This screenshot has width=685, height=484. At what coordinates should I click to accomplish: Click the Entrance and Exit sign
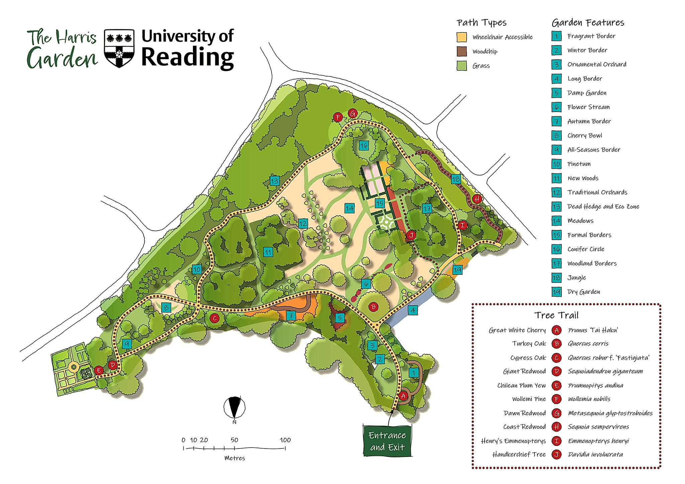tap(387, 441)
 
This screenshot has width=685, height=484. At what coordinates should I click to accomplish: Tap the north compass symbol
tap(234, 407)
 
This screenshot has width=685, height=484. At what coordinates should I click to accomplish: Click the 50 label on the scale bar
tap(234, 440)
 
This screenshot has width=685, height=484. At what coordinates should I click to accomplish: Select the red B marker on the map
tap(373, 307)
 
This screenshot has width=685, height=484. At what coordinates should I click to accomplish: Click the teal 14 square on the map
tap(349, 208)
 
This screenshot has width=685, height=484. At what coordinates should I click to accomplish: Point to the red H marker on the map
tap(477, 199)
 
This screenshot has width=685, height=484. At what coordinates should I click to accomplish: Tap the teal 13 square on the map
tap(274, 181)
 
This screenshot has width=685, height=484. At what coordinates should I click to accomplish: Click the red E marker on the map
tap(98, 370)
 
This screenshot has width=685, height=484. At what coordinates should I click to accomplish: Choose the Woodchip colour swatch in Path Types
tap(462, 51)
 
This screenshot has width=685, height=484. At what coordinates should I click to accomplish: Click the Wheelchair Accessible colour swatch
tap(462, 37)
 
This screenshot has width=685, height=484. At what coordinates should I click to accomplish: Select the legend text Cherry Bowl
tap(584, 135)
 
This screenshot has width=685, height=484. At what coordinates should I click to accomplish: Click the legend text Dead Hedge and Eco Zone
tap(603, 207)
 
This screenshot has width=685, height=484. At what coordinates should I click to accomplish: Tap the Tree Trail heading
tap(556, 315)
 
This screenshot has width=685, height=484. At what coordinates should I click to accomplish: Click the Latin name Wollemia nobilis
tap(589, 399)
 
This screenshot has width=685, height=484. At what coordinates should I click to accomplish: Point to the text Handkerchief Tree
tap(518, 455)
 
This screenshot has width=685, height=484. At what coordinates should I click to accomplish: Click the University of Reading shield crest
tap(119, 48)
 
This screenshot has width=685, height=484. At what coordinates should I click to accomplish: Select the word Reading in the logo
tap(187, 57)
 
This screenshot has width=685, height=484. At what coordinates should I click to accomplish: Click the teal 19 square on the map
tap(457, 269)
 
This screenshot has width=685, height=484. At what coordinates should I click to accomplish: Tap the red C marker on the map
tap(215, 318)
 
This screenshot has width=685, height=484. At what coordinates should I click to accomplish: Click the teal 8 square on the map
tap(166, 308)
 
